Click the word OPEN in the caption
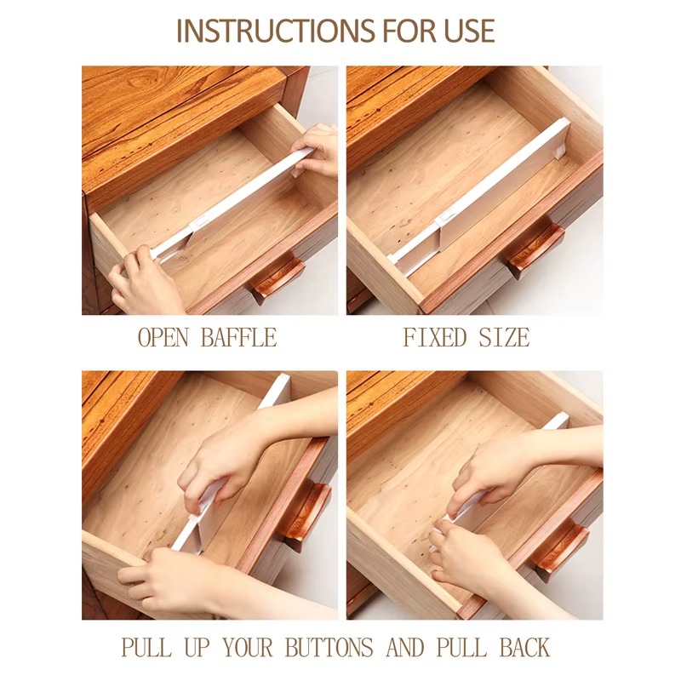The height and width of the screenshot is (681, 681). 163,337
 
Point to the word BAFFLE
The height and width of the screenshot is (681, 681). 239,337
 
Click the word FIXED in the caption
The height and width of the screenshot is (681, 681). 435,337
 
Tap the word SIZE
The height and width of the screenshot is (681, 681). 504,337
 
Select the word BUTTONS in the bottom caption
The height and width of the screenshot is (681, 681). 329,647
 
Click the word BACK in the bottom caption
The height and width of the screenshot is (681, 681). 524,647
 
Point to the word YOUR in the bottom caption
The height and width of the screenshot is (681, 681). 248,647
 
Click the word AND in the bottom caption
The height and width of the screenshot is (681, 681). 405,647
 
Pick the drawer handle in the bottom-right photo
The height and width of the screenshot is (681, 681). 560,548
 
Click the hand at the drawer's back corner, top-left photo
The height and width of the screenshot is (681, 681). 316,150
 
